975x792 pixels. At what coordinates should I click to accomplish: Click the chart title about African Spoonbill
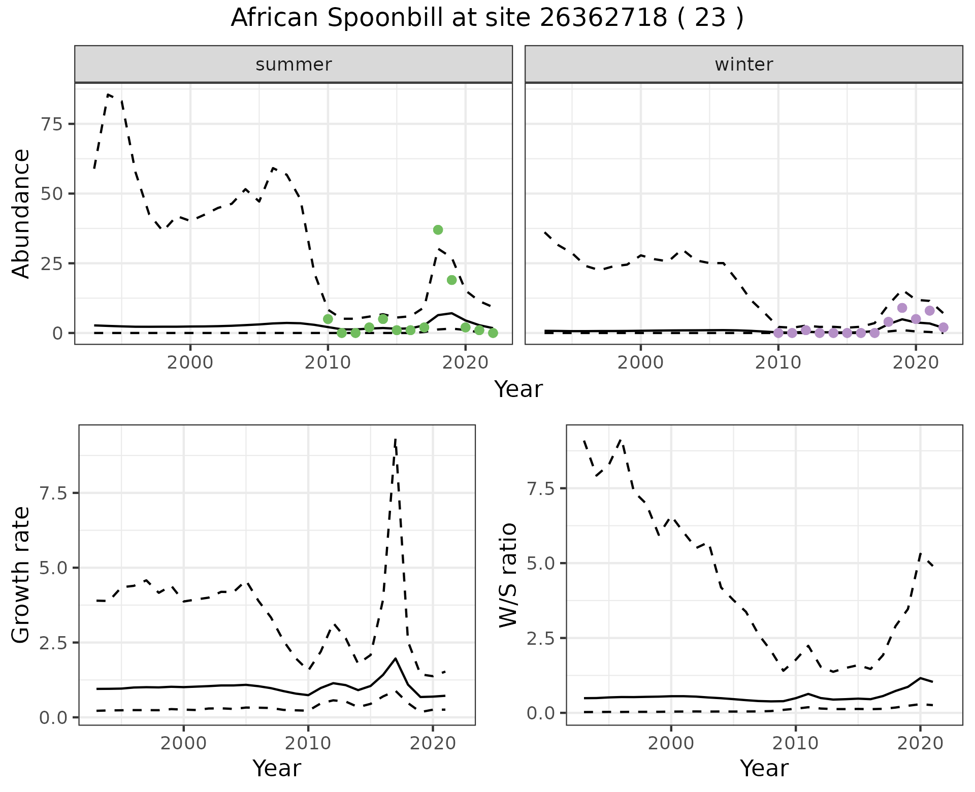487,18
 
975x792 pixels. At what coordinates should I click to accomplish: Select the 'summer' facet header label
294,64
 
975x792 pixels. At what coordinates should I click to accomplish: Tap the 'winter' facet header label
743,64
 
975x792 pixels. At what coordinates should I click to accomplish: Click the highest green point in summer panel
438,230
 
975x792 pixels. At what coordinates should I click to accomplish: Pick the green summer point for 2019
451,280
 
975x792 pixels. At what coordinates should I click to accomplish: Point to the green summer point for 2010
328,319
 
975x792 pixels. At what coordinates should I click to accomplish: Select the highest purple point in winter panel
902,308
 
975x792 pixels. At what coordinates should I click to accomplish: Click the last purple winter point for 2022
943,327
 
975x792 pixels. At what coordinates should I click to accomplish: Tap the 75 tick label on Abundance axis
49,124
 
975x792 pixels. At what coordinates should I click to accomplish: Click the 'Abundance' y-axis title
21,213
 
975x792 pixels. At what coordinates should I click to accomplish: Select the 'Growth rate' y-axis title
21,575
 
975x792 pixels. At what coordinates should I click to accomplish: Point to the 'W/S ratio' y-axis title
508,575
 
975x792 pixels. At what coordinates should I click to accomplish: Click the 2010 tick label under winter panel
777,363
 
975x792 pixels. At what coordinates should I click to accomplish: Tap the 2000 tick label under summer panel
190,363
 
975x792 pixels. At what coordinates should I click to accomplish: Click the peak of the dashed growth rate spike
395,439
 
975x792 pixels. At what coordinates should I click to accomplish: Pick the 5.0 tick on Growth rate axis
54,568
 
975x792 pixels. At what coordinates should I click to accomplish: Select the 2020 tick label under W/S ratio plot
920,744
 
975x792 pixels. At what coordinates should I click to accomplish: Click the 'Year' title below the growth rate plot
277,768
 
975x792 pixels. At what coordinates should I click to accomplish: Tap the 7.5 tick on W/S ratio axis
542,488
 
